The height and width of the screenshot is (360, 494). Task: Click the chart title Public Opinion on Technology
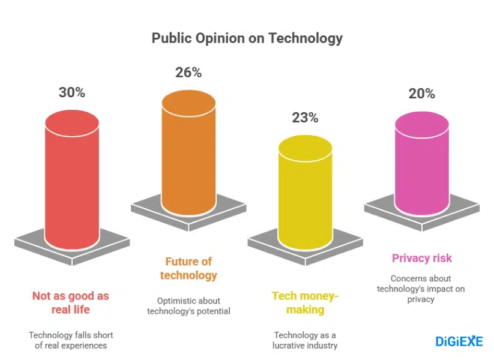(x=247, y=38)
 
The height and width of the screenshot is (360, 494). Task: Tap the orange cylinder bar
(x=188, y=156)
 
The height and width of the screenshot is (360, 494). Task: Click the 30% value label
(x=72, y=93)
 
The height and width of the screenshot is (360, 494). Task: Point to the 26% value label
(x=188, y=73)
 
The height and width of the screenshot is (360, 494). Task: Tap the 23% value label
(x=305, y=118)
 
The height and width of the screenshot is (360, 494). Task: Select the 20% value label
(x=421, y=94)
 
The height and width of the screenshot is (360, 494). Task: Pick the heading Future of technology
(x=188, y=268)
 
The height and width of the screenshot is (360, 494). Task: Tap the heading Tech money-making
(x=305, y=302)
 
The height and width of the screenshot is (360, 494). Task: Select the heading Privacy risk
(x=421, y=258)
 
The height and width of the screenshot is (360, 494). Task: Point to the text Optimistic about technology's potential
(x=188, y=305)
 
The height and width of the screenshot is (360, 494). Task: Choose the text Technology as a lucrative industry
(x=305, y=340)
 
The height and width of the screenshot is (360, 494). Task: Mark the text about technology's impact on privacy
(x=421, y=289)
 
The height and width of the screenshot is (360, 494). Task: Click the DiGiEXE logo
(x=459, y=341)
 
